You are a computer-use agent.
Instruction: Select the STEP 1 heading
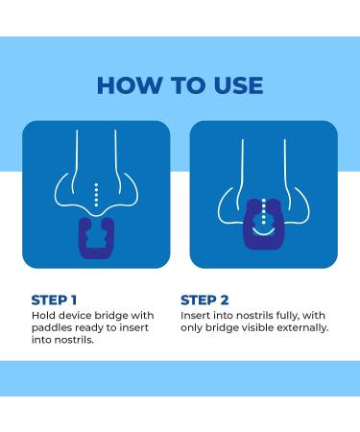54,300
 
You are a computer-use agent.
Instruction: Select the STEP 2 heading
204,300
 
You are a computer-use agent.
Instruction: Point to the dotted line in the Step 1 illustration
96,195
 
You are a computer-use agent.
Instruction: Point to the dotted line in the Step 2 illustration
264,211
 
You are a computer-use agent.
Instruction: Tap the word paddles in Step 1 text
52,328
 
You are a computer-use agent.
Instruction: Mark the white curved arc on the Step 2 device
263,232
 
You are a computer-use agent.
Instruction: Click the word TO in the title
187,85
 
